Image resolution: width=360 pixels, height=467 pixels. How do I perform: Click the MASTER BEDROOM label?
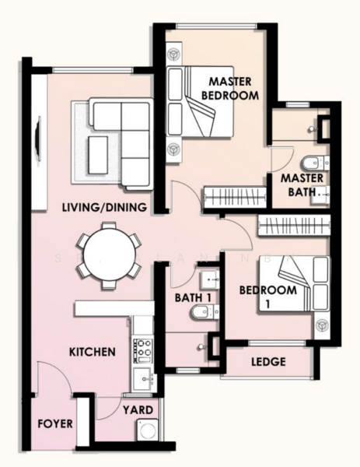230,89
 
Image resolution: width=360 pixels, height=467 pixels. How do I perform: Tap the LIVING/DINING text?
105,207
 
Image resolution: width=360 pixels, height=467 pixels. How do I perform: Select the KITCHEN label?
93,352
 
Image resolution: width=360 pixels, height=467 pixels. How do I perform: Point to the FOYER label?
55,423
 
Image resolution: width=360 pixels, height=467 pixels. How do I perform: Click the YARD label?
138,410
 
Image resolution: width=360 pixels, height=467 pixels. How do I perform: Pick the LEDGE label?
269,362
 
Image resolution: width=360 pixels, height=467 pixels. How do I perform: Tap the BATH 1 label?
193,297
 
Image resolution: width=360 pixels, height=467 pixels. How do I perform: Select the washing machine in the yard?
148,430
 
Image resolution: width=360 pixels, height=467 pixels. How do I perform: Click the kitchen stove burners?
142,350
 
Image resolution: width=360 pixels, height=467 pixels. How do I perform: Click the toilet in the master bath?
315,163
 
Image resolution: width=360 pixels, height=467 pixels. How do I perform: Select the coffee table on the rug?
98,155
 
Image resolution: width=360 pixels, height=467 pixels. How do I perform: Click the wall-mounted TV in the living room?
38,139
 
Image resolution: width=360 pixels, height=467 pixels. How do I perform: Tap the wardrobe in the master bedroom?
235,197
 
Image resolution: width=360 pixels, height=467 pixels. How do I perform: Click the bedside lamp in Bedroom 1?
322,325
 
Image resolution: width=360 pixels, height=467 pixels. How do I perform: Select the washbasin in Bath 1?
209,280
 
